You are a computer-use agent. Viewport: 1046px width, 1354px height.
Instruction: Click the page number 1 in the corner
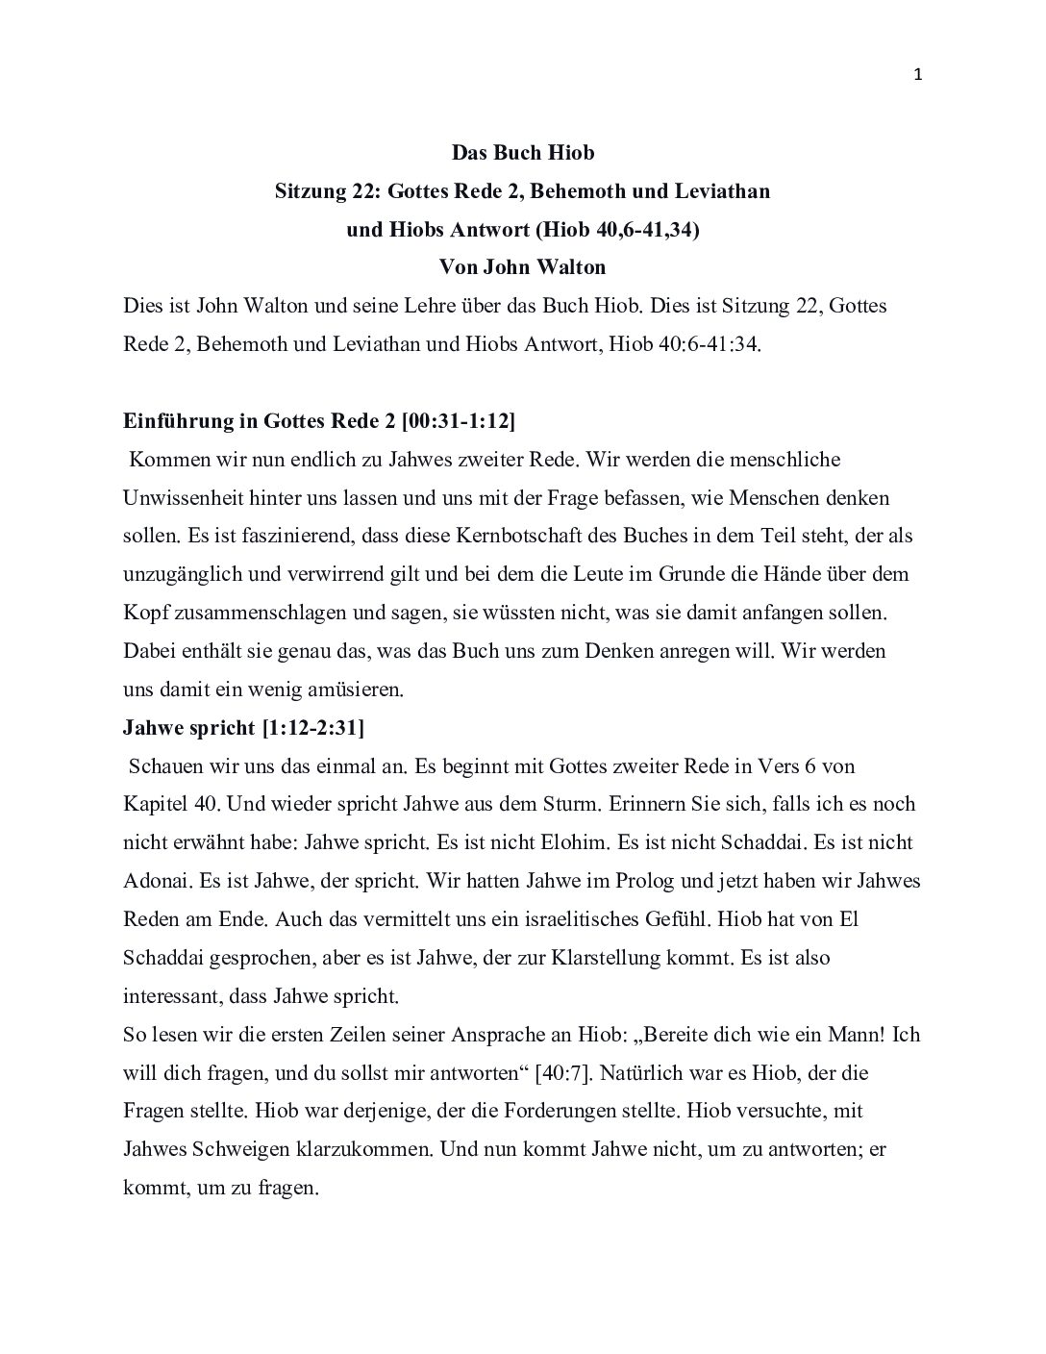(x=918, y=77)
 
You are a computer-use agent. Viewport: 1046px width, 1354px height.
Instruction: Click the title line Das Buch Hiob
(x=523, y=153)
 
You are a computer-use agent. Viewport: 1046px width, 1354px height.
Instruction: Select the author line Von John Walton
(x=523, y=267)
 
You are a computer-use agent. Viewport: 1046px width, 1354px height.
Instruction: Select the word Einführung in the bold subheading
(x=169, y=421)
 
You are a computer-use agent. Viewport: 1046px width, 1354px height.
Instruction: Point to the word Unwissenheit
(x=185, y=498)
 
